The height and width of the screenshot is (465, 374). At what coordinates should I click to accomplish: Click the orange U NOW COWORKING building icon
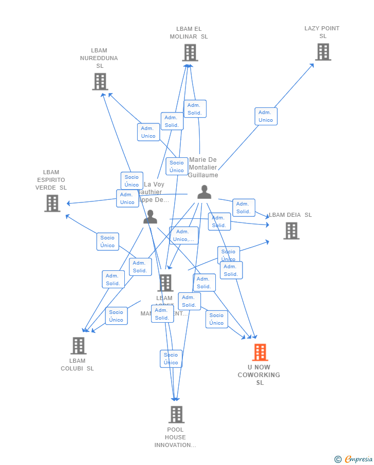pyautogui.click(x=260, y=352)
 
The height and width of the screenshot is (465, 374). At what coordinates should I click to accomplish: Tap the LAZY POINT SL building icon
pyautogui.click(x=323, y=52)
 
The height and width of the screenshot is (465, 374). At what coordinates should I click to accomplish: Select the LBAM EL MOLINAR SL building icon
pyautogui.click(x=190, y=52)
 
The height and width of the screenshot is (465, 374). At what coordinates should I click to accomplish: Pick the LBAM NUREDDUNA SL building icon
pyautogui.click(x=100, y=81)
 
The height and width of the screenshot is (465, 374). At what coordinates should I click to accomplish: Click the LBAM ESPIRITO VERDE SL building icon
pyautogui.click(x=52, y=203)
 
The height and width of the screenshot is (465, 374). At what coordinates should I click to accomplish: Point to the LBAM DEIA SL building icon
pyautogui.click(x=291, y=231)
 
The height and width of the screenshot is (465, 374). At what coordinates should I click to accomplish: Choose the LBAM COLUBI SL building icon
pyautogui.click(x=78, y=346)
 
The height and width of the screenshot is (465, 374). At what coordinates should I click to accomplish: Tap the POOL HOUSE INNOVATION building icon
pyautogui.click(x=176, y=414)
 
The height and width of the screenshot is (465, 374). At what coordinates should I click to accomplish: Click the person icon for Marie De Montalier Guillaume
pyautogui.click(x=204, y=192)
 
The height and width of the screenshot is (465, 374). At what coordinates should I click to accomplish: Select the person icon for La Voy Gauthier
pyautogui.click(x=150, y=217)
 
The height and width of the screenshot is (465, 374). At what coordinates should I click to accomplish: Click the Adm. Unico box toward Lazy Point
pyautogui.click(x=266, y=116)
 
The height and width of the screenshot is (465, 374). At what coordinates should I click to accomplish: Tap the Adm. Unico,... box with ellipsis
pyautogui.click(x=183, y=235)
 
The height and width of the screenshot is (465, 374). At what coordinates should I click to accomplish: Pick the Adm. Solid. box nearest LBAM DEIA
pyautogui.click(x=244, y=208)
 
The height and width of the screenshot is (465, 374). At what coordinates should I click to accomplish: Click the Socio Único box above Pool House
pyautogui.click(x=171, y=359)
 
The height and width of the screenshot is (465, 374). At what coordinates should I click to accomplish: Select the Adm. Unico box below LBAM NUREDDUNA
pyautogui.click(x=148, y=132)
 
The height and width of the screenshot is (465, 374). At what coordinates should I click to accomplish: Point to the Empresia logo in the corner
pyautogui.click(x=358, y=459)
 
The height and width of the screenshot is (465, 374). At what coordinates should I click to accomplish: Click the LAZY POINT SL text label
pyautogui.click(x=322, y=32)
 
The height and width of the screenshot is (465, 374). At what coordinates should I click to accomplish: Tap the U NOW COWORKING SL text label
pyautogui.click(x=259, y=375)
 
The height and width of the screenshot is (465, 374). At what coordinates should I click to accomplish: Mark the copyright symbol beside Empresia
pyautogui.click(x=338, y=459)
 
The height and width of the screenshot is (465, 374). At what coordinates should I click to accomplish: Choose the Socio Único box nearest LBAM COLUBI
pyautogui.click(x=116, y=316)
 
